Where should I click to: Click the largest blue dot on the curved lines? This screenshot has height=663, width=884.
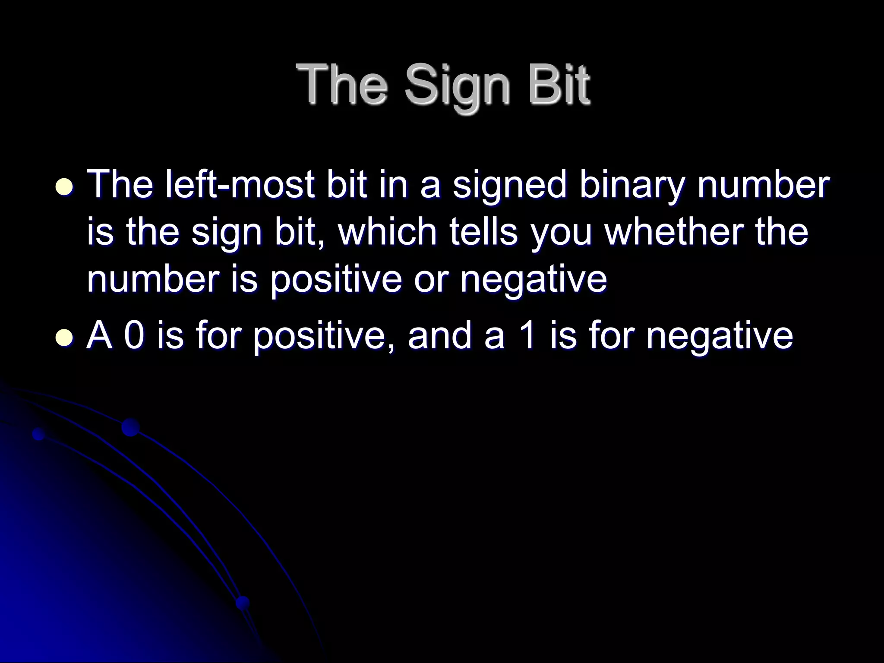coord(130,427)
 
